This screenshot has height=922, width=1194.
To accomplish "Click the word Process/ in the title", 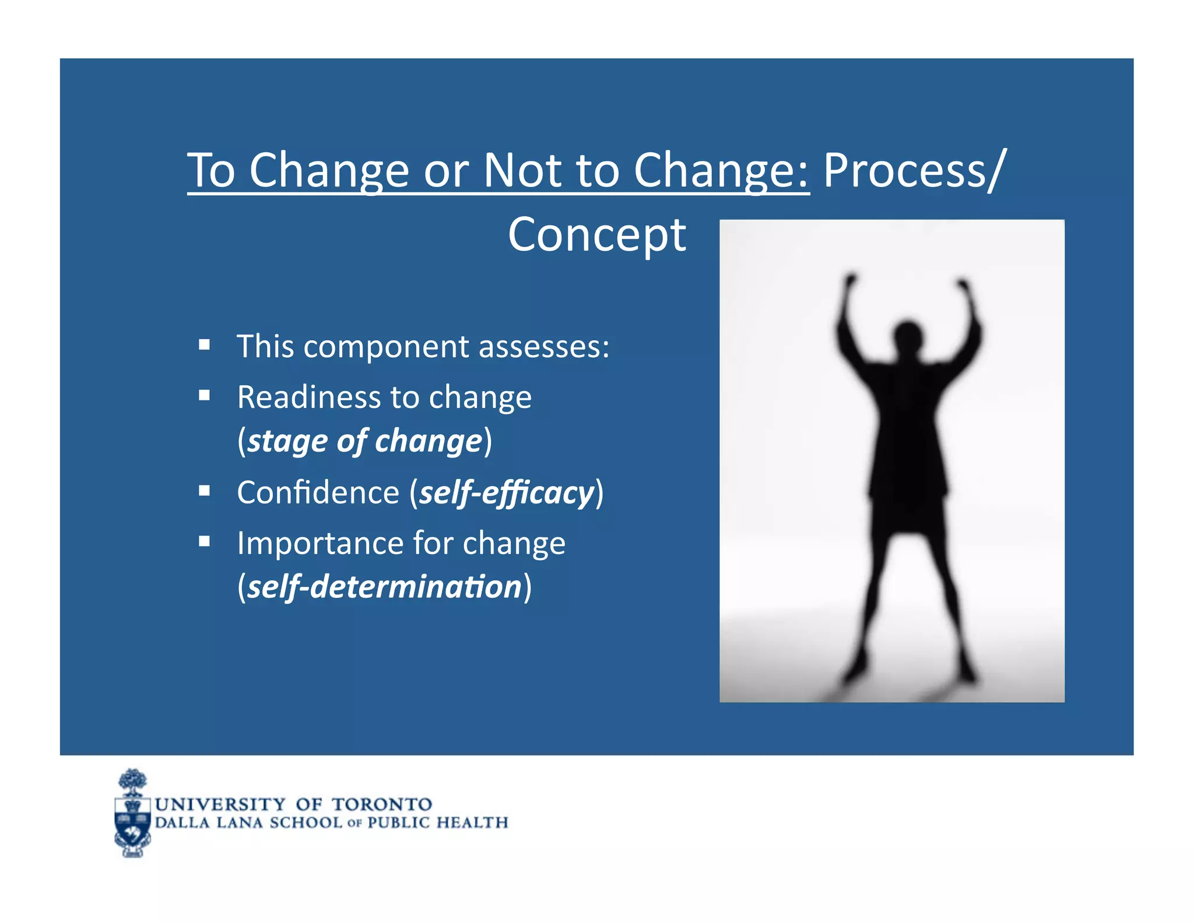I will (914, 171).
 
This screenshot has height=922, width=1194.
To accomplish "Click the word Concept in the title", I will (596, 235).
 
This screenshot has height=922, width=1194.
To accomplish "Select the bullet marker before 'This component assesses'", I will (204, 345).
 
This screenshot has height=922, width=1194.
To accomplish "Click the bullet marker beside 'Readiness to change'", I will (204, 396).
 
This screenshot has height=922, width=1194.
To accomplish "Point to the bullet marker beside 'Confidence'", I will (204, 491).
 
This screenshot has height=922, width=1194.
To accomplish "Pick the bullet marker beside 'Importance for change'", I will (204, 541).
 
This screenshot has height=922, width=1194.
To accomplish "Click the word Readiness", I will (309, 397).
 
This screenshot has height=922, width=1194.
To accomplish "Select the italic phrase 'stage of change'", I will (365, 441).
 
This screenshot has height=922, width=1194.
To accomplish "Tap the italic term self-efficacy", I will (506, 493).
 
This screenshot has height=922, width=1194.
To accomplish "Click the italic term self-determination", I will (384, 587).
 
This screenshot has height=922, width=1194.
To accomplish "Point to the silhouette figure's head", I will (908, 337).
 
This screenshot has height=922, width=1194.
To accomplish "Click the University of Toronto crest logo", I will (133, 814).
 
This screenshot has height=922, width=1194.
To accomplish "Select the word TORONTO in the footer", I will (382, 804).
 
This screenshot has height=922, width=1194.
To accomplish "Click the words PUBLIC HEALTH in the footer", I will (437, 822).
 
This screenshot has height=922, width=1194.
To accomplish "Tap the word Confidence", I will (318, 493).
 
